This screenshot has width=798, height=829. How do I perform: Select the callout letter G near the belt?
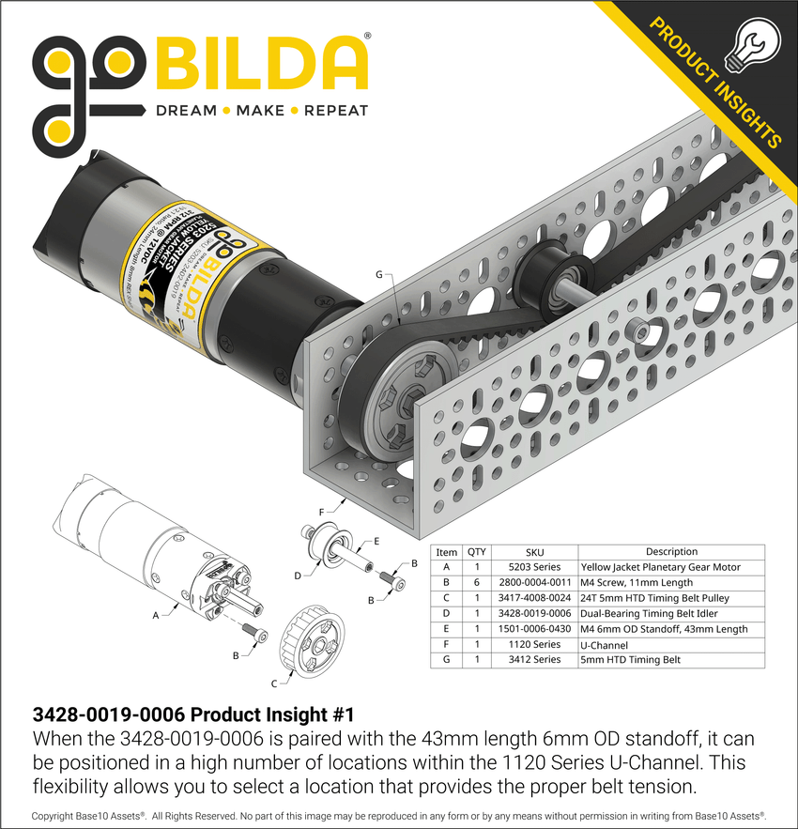tap(379, 274)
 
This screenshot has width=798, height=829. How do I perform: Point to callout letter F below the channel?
tap(321, 512)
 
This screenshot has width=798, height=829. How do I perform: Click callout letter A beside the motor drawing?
tap(155, 616)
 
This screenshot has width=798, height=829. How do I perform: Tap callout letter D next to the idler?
tap(297, 575)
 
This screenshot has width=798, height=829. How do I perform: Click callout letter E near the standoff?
tap(376, 542)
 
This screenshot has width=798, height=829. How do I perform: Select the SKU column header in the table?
tap(535, 552)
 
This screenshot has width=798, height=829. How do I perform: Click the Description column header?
tap(671, 552)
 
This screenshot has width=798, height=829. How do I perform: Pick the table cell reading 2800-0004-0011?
tap(535, 583)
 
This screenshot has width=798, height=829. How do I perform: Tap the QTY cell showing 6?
tap(477, 583)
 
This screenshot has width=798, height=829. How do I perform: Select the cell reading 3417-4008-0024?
tap(535, 598)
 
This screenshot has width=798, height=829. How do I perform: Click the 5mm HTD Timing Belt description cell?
tap(631, 660)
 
